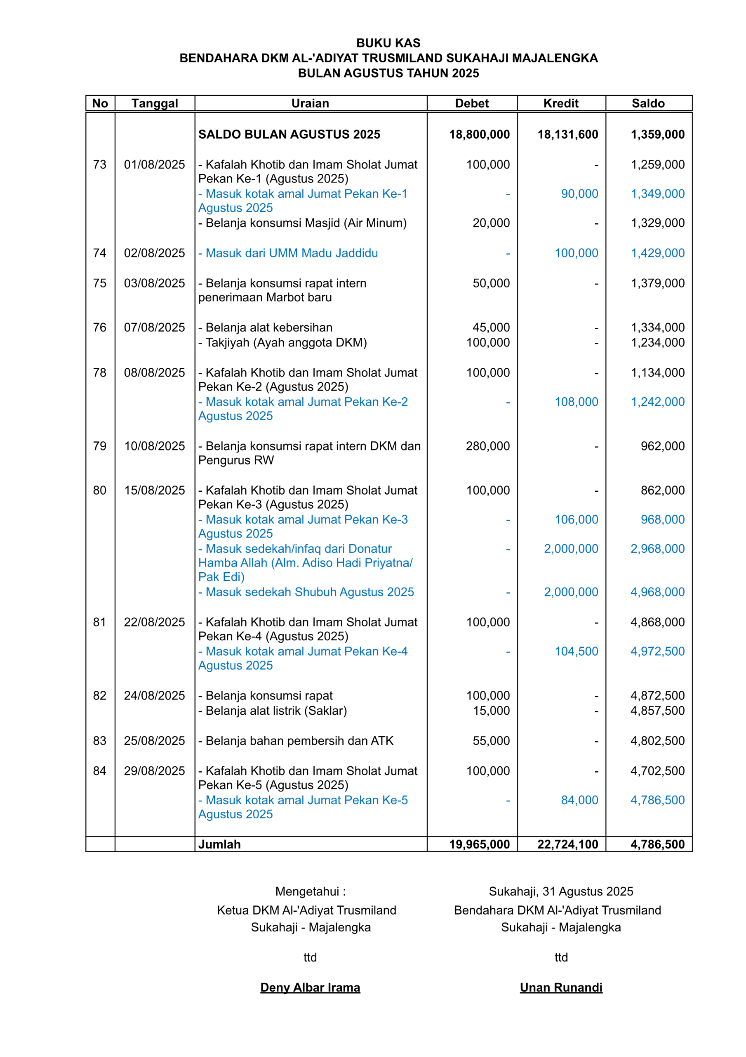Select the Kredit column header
click(x=561, y=103)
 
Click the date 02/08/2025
click(x=155, y=253)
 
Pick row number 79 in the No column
click(x=100, y=446)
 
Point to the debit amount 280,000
click(x=487, y=446)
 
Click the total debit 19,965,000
click(x=479, y=844)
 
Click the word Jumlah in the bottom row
click(x=219, y=844)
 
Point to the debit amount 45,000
click(x=491, y=327)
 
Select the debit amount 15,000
click(x=491, y=711)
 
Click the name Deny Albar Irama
click(x=310, y=988)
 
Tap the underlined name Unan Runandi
click(x=561, y=988)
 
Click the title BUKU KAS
click(x=388, y=43)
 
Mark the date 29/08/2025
click(x=155, y=771)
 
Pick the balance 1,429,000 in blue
click(x=657, y=253)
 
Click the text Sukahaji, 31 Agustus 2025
click(x=561, y=892)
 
